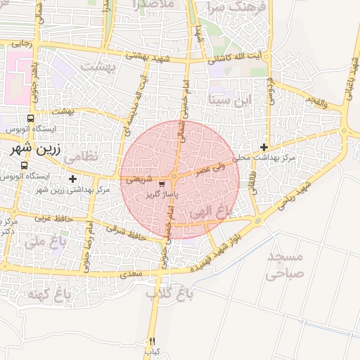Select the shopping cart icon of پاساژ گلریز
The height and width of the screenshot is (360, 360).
(x=162, y=183)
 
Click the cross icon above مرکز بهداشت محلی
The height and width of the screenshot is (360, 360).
(x=264, y=147)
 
